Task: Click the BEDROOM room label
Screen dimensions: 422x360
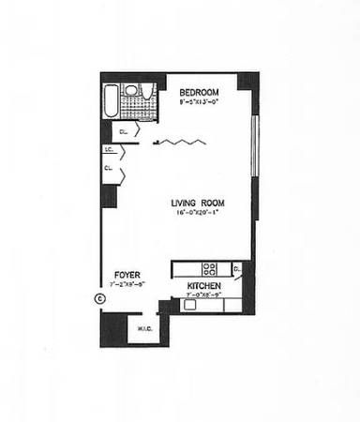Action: click(x=199, y=91)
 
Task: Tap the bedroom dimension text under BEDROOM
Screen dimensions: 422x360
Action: click(x=199, y=100)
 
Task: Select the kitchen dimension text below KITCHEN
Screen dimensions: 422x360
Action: click(x=204, y=295)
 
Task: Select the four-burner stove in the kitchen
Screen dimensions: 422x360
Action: click(x=210, y=267)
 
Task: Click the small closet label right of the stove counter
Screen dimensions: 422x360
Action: click(x=239, y=270)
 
